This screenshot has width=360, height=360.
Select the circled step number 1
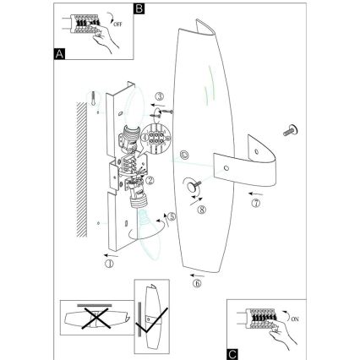(110, 262)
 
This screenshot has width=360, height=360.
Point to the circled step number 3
(158, 97)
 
